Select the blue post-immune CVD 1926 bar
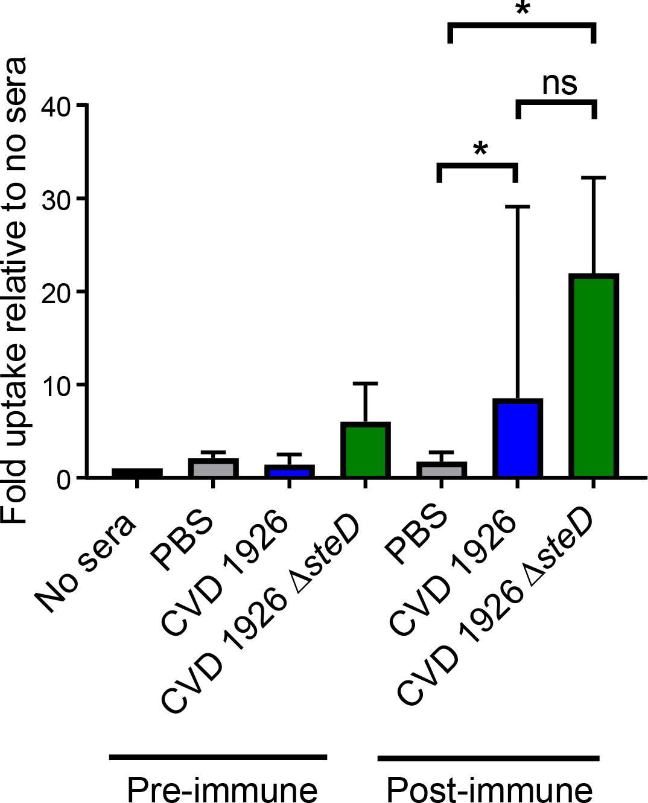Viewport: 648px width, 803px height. click(518, 438)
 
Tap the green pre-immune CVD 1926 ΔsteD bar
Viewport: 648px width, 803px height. click(366, 450)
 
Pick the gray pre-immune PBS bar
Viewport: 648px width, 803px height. click(213, 468)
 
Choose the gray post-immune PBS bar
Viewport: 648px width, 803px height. click(442, 469)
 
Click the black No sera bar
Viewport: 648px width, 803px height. click(137, 473)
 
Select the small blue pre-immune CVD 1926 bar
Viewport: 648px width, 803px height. click(290, 471)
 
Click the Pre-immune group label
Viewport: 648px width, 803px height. click(221, 789)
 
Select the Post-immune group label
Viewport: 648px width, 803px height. click(489, 789)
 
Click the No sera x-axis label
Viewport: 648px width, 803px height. click(84, 565)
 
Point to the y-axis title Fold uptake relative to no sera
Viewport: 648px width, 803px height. click(14, 290)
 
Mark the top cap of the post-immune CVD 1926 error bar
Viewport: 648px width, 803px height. click(518, 206)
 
